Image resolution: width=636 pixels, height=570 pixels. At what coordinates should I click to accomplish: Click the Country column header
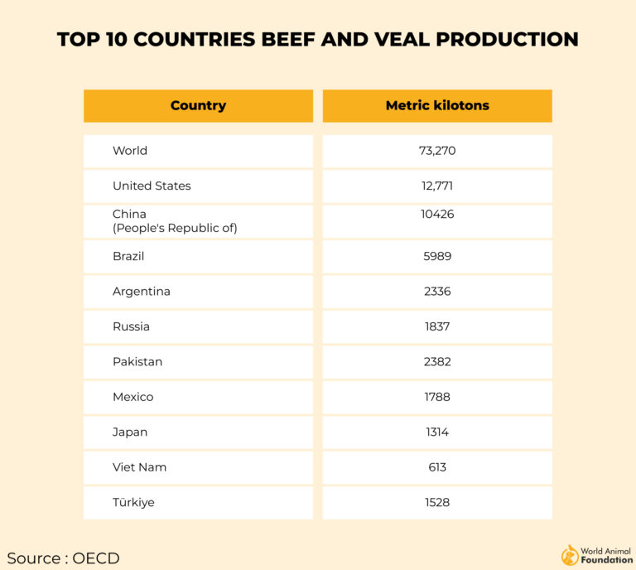[x=198, y=106]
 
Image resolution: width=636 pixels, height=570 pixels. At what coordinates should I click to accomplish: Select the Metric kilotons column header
[x=437, y=106]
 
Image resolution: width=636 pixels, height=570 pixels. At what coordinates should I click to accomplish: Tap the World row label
[x=130, y=151]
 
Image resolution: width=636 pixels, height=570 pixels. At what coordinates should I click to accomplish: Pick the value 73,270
[x=437, y=151]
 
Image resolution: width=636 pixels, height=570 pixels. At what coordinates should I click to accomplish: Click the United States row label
[x=152, y=186]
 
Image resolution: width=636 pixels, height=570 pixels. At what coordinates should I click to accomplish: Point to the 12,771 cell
[x=437, y=186]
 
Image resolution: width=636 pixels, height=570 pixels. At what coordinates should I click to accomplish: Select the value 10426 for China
[x=437, y=215]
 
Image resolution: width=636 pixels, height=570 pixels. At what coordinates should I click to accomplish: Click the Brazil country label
[x=128, y=256]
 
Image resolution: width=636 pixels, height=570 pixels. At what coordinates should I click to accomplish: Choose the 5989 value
[x=437, y=256]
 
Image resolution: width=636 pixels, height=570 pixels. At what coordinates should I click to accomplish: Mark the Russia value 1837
[x=437, y=326]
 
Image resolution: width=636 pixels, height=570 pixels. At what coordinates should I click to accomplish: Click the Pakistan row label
[x=137, y=362]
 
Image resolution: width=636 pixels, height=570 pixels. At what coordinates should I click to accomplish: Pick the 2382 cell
[x=437, y=362]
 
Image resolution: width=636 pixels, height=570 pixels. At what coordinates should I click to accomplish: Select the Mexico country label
[x=133, y=397]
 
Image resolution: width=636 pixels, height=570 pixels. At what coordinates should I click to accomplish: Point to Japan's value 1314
[x=437, y=432]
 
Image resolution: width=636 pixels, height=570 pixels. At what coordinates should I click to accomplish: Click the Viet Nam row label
[x=139, y=467]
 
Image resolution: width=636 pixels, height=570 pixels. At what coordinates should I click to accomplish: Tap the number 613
[x=437, y=467]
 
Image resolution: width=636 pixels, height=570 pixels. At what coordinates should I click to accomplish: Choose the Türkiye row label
[x=133, y=502]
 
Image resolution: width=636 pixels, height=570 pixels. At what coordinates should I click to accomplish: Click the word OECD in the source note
[x=96, y=558]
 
